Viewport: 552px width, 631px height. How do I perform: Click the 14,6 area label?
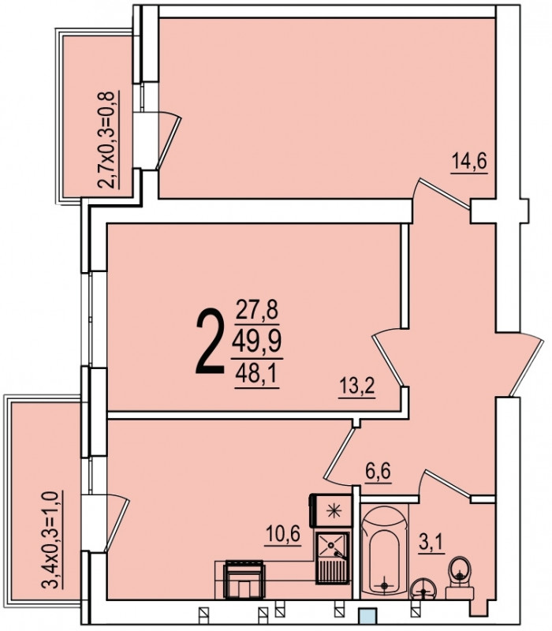[x=469, y=162]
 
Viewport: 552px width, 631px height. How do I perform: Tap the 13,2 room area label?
[x=357, y=386]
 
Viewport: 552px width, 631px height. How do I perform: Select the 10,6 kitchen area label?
[x=283, y=535]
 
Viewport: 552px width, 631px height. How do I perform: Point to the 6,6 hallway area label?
[x=379, y=471]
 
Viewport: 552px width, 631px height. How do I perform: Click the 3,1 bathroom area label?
[x=431, y=543]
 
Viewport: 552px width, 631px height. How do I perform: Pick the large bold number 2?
[x=210, y=342]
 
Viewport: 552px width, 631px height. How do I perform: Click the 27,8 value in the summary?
[x=257, y=310]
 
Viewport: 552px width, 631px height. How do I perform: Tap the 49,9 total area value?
[x=257, y=342]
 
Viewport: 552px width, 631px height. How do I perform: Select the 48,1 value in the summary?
[x=257, y=374]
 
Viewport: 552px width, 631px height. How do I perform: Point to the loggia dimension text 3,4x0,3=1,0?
[x=52, y=540]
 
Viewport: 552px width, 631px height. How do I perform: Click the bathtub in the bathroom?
[x=385, y=551]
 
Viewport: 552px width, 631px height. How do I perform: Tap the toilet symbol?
[x=460, y=577]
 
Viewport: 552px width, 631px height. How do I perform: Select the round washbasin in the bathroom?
[x=423, y=590]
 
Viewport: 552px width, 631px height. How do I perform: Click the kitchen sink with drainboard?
[x=332, y=558]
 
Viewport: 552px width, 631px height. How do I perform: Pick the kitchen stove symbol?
[x=244, y=579]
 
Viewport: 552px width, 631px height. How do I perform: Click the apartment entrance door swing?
[x=524, y=364]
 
